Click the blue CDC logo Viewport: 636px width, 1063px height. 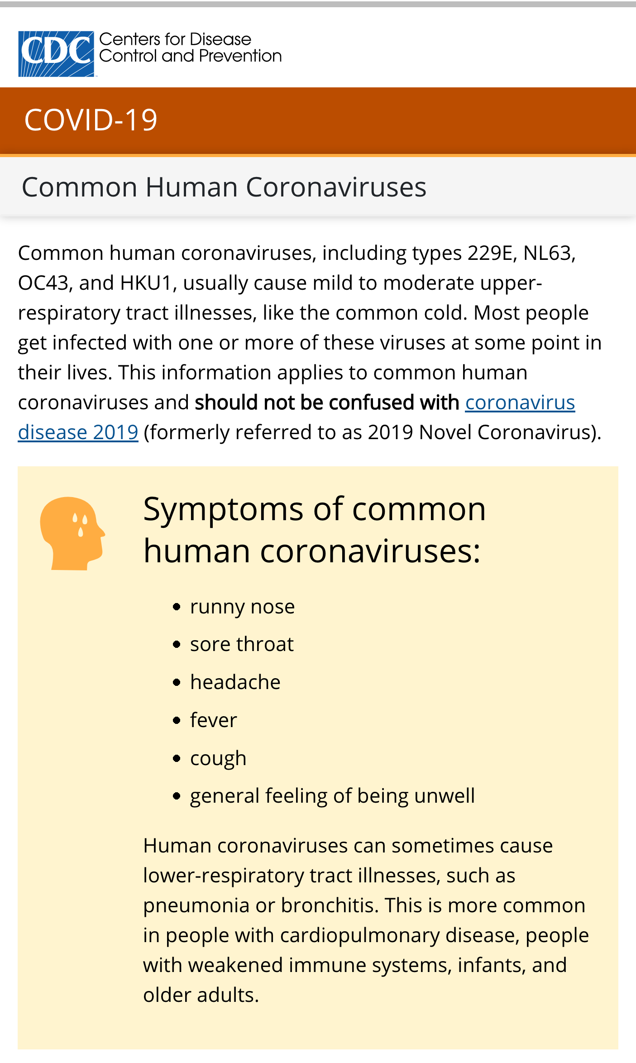(x=56, y=54)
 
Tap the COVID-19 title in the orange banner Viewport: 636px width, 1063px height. (x=91, y=120)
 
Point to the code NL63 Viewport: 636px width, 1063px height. (x=549, y=253)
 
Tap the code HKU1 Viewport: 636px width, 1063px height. (x=146, y=283)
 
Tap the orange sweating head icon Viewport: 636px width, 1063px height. (x=72, y=533)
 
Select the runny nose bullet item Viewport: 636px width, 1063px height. (x=242, y=607)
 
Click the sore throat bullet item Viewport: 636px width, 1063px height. (x=242, y=644)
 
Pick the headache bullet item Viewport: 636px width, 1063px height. (x=235, y=682)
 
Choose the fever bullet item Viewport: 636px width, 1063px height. (x=213, y=720)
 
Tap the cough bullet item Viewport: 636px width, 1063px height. (x=218, y=758)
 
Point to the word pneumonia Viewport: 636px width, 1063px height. (x=196, y=906)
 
